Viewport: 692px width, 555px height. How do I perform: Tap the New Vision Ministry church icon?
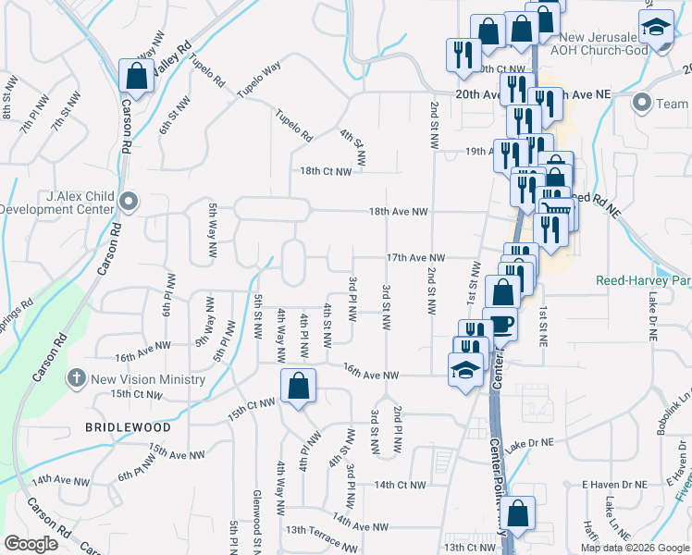coord(77,379)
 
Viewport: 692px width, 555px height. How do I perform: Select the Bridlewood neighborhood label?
coord(128,428)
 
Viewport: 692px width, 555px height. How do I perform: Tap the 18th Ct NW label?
coord(326,171)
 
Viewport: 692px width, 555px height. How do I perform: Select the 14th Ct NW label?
coord(400,485)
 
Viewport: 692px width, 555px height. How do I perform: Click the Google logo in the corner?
coord(31,544)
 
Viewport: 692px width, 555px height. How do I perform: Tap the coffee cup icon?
coord(500,324)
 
